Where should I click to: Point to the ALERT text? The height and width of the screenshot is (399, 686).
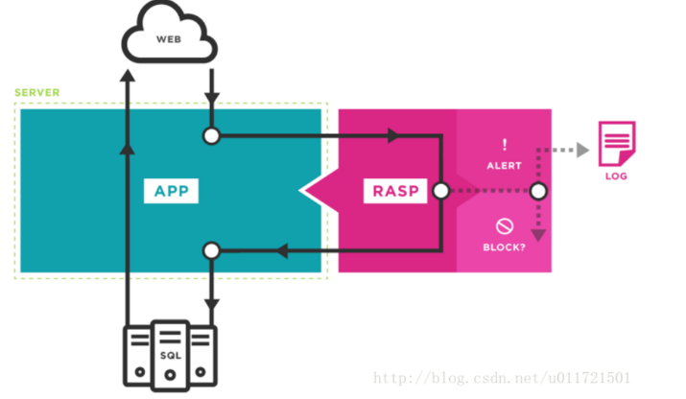[504, 166]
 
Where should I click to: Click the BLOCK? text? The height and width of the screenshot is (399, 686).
[504, 247]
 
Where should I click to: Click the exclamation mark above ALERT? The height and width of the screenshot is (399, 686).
[504, 145]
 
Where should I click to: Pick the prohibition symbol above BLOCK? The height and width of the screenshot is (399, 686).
[504, 226]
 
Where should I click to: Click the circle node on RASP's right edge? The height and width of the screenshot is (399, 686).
[440, 191]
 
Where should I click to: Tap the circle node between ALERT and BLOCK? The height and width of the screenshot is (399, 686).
[538, 191]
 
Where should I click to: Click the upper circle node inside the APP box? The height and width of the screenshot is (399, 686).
[212, 137]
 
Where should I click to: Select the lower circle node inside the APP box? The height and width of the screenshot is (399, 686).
[212, 251]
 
